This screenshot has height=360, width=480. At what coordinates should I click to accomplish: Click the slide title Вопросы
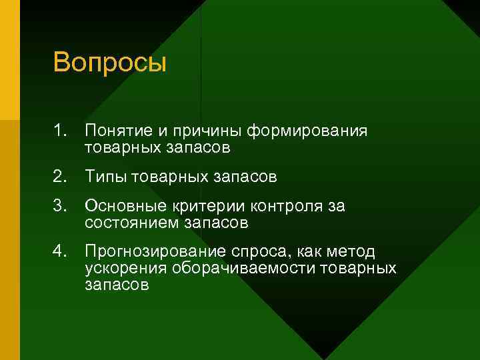click(x=109, y=64)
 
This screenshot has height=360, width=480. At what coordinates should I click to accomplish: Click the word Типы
click(x=107, y=177)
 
